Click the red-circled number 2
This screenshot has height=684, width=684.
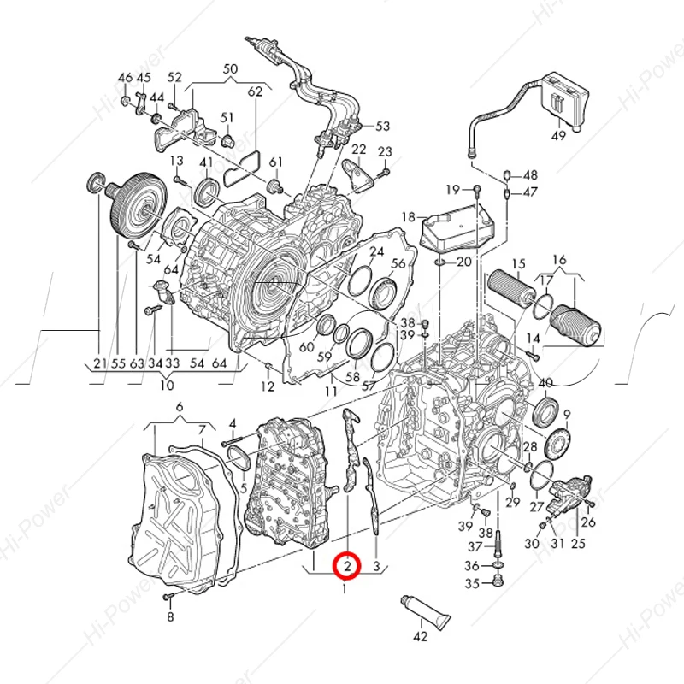click(x=347, y=565)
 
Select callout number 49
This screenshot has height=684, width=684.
click(x=558, y=136)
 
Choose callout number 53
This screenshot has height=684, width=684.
click(x=381, y=127)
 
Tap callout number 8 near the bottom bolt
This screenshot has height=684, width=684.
click(x=169, y=616)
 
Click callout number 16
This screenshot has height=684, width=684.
click(x=559, y=259)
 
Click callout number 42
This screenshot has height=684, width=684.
click(x=420, y=636)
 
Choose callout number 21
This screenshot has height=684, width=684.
click(x=98, y=363)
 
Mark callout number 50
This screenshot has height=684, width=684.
click(x=230, y=68)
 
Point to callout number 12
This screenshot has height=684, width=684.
click(x=268, y=387)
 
